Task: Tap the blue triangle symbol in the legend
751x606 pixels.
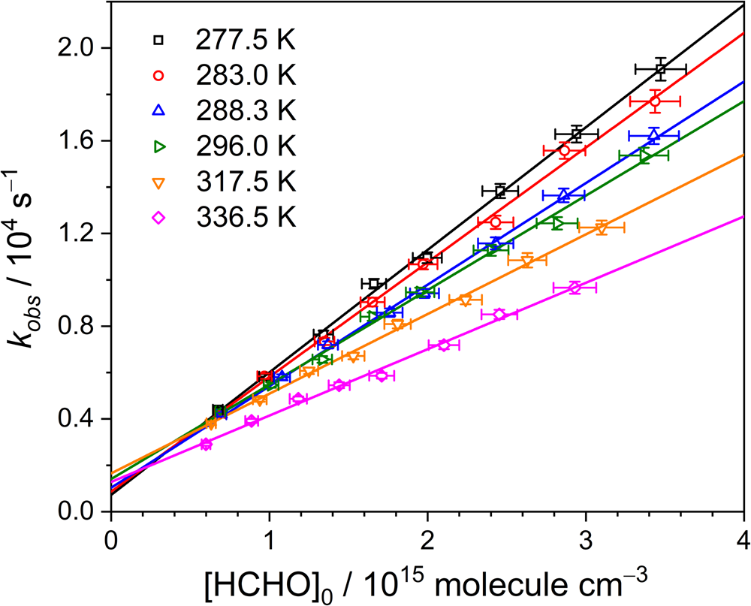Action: point(158,110)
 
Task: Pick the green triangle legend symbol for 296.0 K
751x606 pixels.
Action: point(158,146)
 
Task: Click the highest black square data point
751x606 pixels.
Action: point(660,69)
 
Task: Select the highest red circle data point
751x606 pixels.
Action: point(655,101)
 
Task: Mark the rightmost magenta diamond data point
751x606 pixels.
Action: point(575,288)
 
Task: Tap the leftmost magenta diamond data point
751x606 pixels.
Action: point(206,445)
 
